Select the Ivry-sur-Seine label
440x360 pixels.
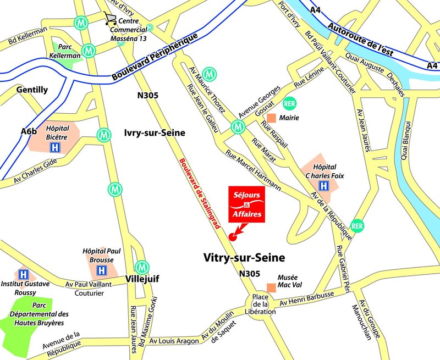coord(155,133)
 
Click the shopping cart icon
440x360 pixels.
coord(111,19)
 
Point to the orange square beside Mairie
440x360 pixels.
coord(271,118)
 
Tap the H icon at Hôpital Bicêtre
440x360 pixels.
coord(55,147)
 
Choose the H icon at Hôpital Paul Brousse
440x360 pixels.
coord(102,270)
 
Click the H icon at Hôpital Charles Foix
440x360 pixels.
coord(324,186)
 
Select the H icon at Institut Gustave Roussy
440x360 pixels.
coord(23,274)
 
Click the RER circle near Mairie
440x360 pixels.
coord(289,103)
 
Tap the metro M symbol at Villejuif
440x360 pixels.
coord(142,267)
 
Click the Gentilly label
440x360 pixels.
coord(32,90)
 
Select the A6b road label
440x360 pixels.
coord(29,131)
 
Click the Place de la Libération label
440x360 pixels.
coord(260,304)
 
